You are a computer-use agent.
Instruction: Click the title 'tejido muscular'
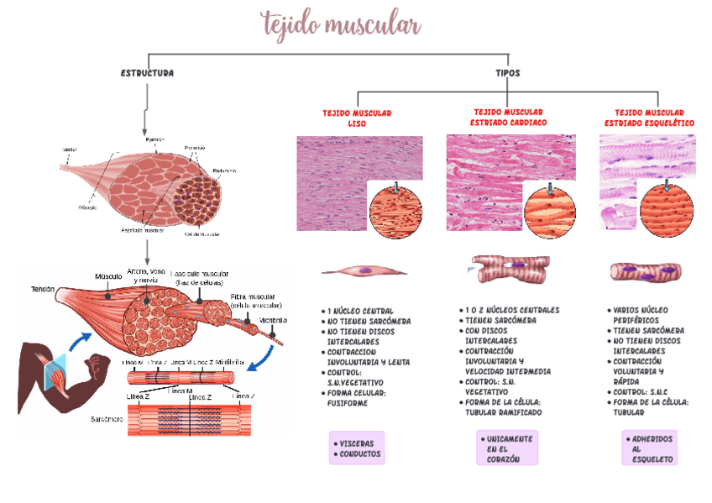click(x=341, y=24)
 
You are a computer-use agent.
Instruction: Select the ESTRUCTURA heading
click(x=148, y=73)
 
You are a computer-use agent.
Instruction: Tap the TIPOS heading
click(x=507, y=73)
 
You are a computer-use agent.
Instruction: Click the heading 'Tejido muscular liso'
click(x=357, y=118)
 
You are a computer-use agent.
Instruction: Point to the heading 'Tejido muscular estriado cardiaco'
click(x=508, y=117)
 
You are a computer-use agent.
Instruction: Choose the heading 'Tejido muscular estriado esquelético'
click(x=649, y=118)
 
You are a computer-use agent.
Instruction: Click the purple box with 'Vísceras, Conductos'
click(x=357, y=448)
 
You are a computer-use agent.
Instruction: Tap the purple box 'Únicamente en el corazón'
click(x=507, y=448)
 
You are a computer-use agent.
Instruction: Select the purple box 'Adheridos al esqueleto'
click(x=649, y=448)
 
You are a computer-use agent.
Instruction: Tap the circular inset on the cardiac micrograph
click(x=550, y=209)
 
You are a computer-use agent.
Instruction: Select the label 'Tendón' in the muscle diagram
click(x=43, y=289)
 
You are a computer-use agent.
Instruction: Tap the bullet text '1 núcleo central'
click(x=360, y=311)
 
